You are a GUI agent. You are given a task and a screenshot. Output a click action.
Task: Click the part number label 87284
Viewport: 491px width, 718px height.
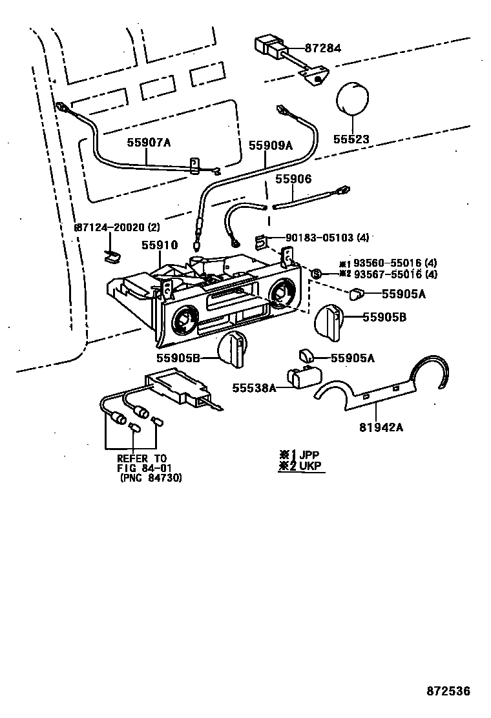point(323,48)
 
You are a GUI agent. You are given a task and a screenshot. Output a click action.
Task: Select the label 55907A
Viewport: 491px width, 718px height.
point(148,144)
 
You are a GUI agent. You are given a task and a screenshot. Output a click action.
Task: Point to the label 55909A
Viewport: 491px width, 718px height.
point(271,145)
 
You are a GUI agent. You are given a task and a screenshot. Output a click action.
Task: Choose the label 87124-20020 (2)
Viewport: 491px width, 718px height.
point(117,228)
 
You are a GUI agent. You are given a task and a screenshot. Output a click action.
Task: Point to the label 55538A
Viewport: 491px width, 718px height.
point(254,387)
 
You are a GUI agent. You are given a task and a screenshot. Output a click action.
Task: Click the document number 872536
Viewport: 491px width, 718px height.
point(448,691)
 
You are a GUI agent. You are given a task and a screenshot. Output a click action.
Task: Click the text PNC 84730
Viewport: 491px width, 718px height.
point(151,478)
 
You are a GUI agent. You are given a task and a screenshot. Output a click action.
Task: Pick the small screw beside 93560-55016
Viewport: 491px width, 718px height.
point(317,274)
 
